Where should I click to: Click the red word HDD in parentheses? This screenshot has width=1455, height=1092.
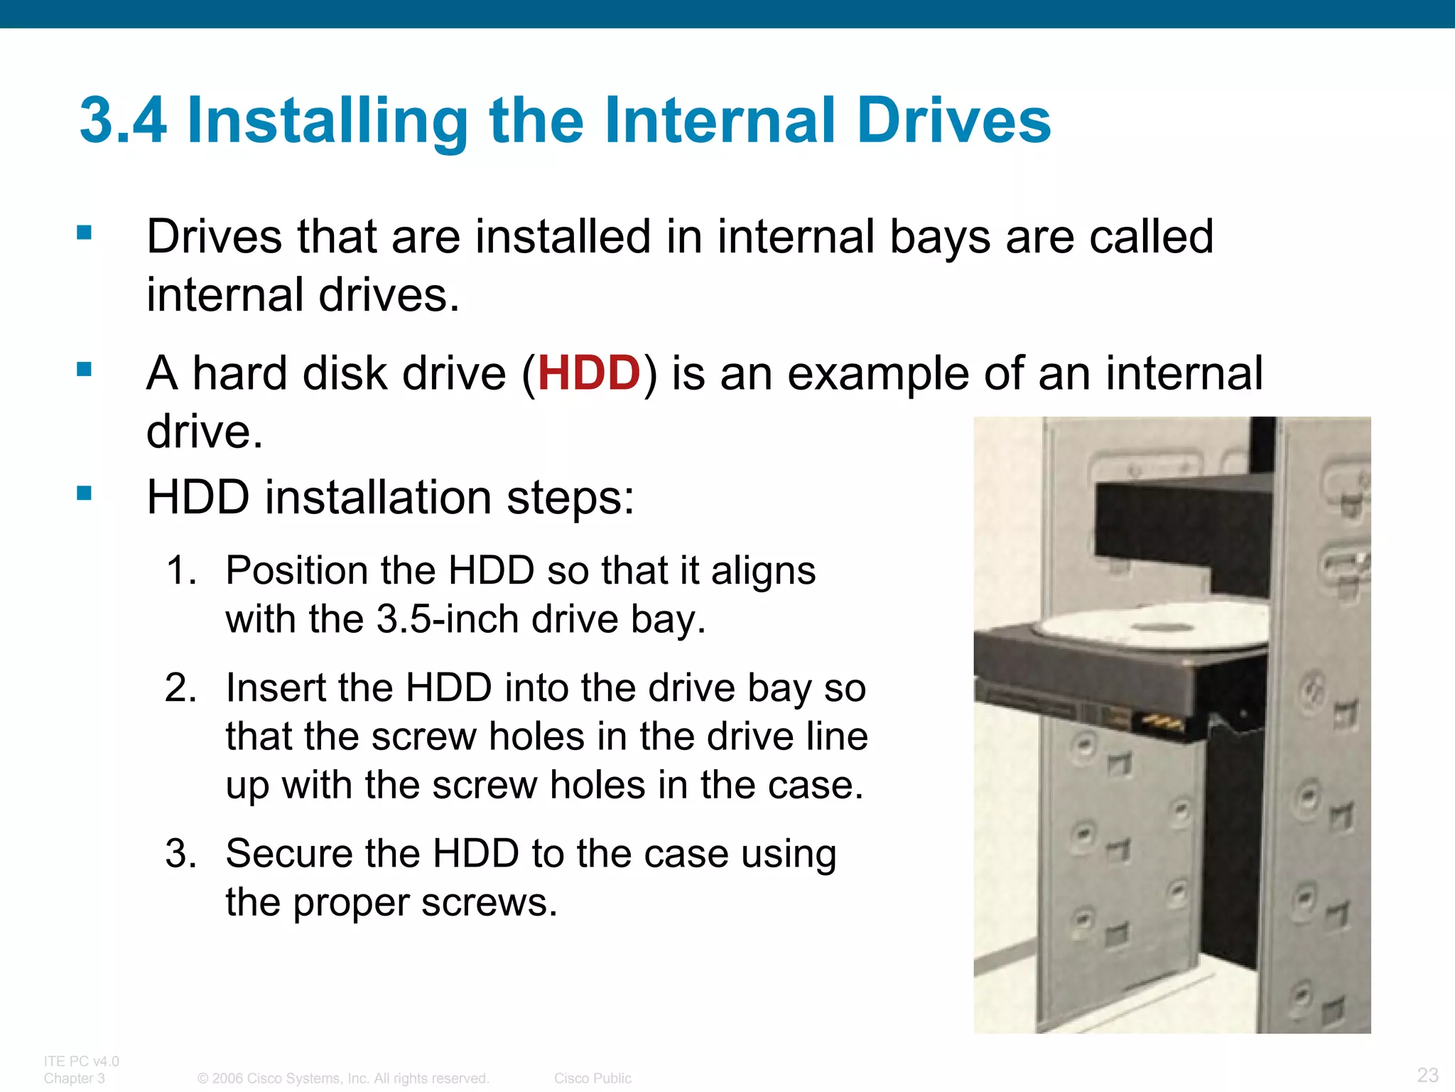click(x=589, y=373)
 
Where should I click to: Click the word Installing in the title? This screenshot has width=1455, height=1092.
click(x=327, y=121)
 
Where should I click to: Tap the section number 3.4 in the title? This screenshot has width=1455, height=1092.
click(x=123, y=121)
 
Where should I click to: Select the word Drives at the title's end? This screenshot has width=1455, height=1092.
click(x=953, y=121)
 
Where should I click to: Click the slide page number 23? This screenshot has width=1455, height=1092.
click(x=1427, y=1074)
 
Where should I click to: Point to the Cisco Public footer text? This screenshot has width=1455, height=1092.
click(x=593, y=1078)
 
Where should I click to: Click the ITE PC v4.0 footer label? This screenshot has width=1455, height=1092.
click(x=81, y=1061)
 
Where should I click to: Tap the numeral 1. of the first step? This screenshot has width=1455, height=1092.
click(x=180, y=571)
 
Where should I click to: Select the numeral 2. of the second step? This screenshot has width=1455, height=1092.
click(x=180, y=688)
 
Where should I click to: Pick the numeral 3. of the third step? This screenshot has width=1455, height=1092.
click(x=180, y=854)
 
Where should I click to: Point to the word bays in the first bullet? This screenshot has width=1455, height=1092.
click(x=940, y=238)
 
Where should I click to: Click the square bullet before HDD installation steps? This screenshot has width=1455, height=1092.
click(x=85, y=493)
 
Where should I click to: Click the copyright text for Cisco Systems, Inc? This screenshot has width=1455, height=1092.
click(x=343, y=1078)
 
